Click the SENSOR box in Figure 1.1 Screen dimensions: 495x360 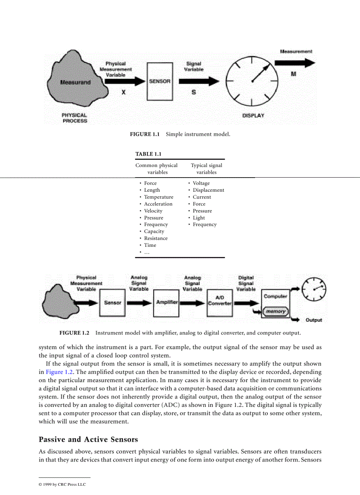tap(160, 81)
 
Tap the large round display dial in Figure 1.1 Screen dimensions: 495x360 tap(252, 81)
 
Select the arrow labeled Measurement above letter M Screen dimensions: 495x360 tap(297, 63)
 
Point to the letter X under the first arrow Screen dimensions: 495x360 tap(124, 93)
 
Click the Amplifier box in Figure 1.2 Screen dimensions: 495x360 tap(167, 302)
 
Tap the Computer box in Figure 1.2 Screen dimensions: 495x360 tap(276, 297)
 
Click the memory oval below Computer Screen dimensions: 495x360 tap(275, 312)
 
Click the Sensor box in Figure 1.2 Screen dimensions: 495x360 tap(112, 303)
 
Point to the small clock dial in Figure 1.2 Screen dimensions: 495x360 tap(314, 289)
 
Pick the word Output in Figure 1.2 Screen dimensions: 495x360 tap(314, 320)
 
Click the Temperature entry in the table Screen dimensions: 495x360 tap(158, 197)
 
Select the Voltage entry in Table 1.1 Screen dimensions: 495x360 tap(201, 183)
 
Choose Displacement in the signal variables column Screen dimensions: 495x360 tap(208, 190)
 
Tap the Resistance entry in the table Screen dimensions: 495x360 tap(156, 238)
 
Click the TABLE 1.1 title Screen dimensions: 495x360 tap(148, 154)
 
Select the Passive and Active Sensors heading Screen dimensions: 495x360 tap(88, 439)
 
